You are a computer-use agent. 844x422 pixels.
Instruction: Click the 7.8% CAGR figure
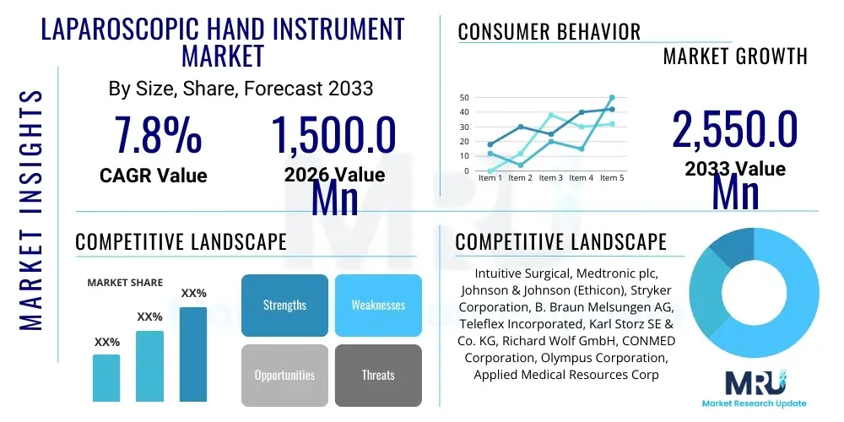click(158, 135)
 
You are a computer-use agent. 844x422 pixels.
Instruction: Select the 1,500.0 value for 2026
click(333, 135)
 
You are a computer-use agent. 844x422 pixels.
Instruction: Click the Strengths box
click(284, 306)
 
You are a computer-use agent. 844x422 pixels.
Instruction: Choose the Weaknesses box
click(378, 306)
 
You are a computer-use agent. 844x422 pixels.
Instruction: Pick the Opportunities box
click(284, 375)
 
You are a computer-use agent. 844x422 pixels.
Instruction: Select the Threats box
click(378, 375)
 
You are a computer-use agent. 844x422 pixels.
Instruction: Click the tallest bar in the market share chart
click(193, 354)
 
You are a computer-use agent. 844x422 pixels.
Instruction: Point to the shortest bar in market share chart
click(106, 377)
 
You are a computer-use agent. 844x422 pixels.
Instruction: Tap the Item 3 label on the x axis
click(550, 178)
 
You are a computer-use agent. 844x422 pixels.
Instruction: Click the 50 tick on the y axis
click(464, 98)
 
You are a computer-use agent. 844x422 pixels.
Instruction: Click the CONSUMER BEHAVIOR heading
click(549, 32)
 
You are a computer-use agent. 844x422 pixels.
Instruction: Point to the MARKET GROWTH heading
click(734, 57)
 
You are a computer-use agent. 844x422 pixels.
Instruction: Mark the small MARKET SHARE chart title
click(125, 283)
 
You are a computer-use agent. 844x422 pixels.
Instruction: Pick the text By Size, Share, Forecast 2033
click(241, 88)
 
